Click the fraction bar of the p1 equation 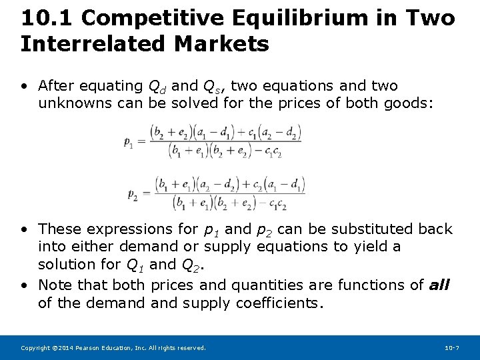point(225,141)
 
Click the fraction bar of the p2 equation point(229,193)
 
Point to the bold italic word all point(439,285)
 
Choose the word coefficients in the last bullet point(279,303)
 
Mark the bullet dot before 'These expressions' point(24,229)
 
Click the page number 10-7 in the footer point(452,348)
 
